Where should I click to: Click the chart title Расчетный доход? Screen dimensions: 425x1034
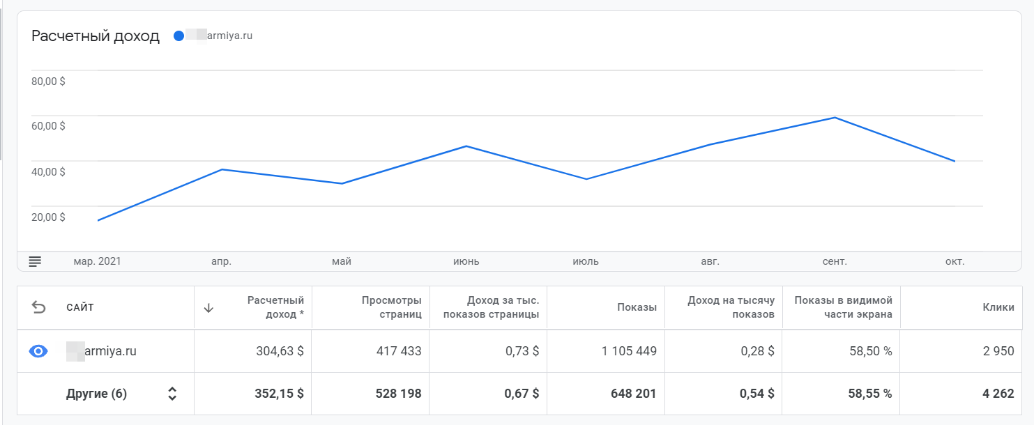(x=96, y=36)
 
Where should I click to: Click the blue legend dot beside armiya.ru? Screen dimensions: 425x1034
(x=179, y=36)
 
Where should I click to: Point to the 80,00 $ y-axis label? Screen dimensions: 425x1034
(x=48, y=81)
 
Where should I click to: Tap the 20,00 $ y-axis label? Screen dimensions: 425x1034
(x=48, y=217)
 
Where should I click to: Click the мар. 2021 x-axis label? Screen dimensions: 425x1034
(x=97, y=261)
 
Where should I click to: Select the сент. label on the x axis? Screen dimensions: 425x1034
(x=835, y=261)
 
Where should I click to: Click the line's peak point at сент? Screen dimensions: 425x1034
(x=835, y=118)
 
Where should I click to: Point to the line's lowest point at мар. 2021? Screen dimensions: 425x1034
(x=98, y=220)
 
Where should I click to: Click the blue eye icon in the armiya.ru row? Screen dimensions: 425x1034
(x=38, y=351)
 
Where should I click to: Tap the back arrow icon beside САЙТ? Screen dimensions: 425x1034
(x=39, y=307)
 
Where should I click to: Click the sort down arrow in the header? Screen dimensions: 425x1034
(x=208, y=308)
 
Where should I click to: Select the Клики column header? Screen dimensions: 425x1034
(x=999, y=307)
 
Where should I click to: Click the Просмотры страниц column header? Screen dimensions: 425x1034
(x=391, y=307)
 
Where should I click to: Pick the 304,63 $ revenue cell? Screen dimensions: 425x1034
(x=280, y=351)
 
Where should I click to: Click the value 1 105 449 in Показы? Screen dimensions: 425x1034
(x=629, y=351)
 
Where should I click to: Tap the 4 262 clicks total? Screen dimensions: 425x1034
(x=998, y=394)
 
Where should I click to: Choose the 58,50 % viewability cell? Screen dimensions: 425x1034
(x=870, y=351)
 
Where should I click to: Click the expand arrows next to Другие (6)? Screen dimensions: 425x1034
(x=172, y=394)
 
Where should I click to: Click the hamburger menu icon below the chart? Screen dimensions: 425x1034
(x=35, y=261)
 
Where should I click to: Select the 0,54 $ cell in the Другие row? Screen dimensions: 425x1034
(x=757, y=394)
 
